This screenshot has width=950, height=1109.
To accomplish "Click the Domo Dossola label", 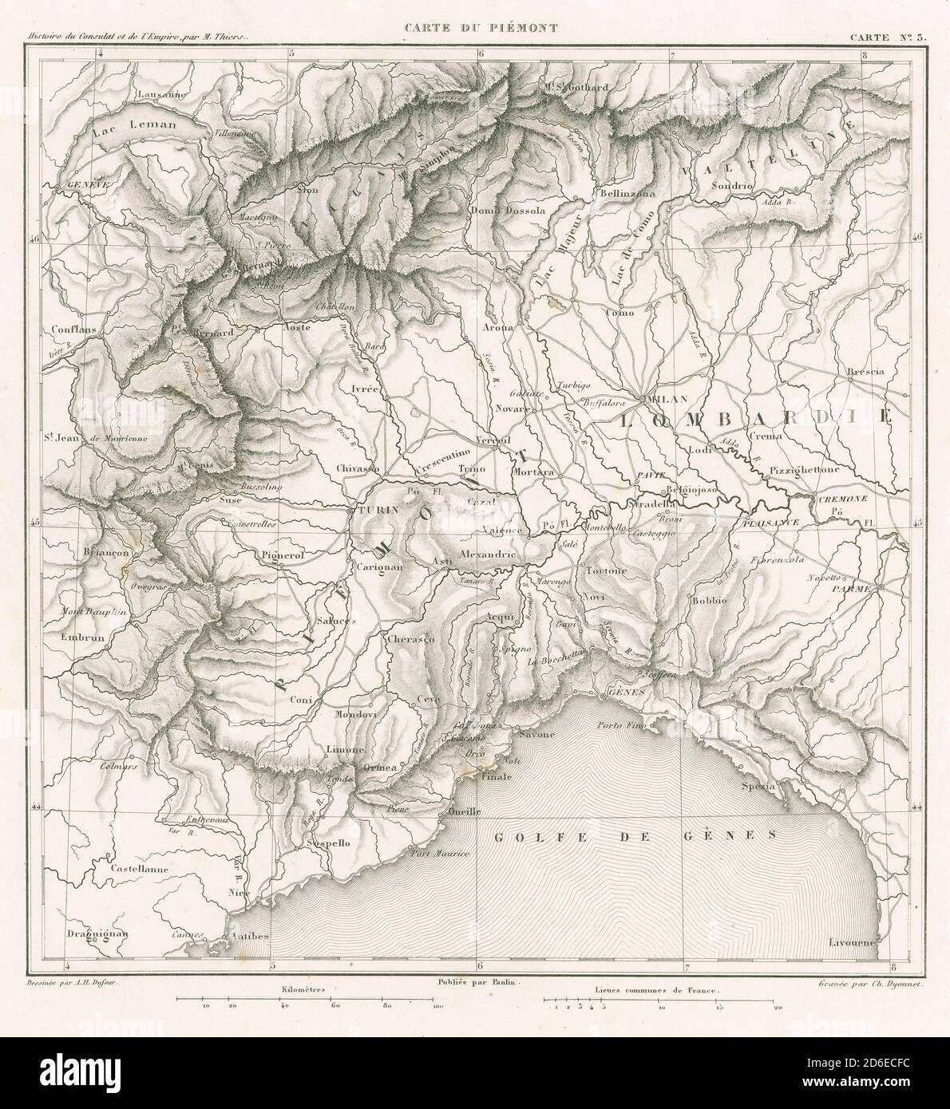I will [x=507, y=211].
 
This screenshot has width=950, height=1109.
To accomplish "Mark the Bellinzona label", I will [x=627, y=193].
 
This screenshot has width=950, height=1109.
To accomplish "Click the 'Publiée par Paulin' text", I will [x=474, y=984].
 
